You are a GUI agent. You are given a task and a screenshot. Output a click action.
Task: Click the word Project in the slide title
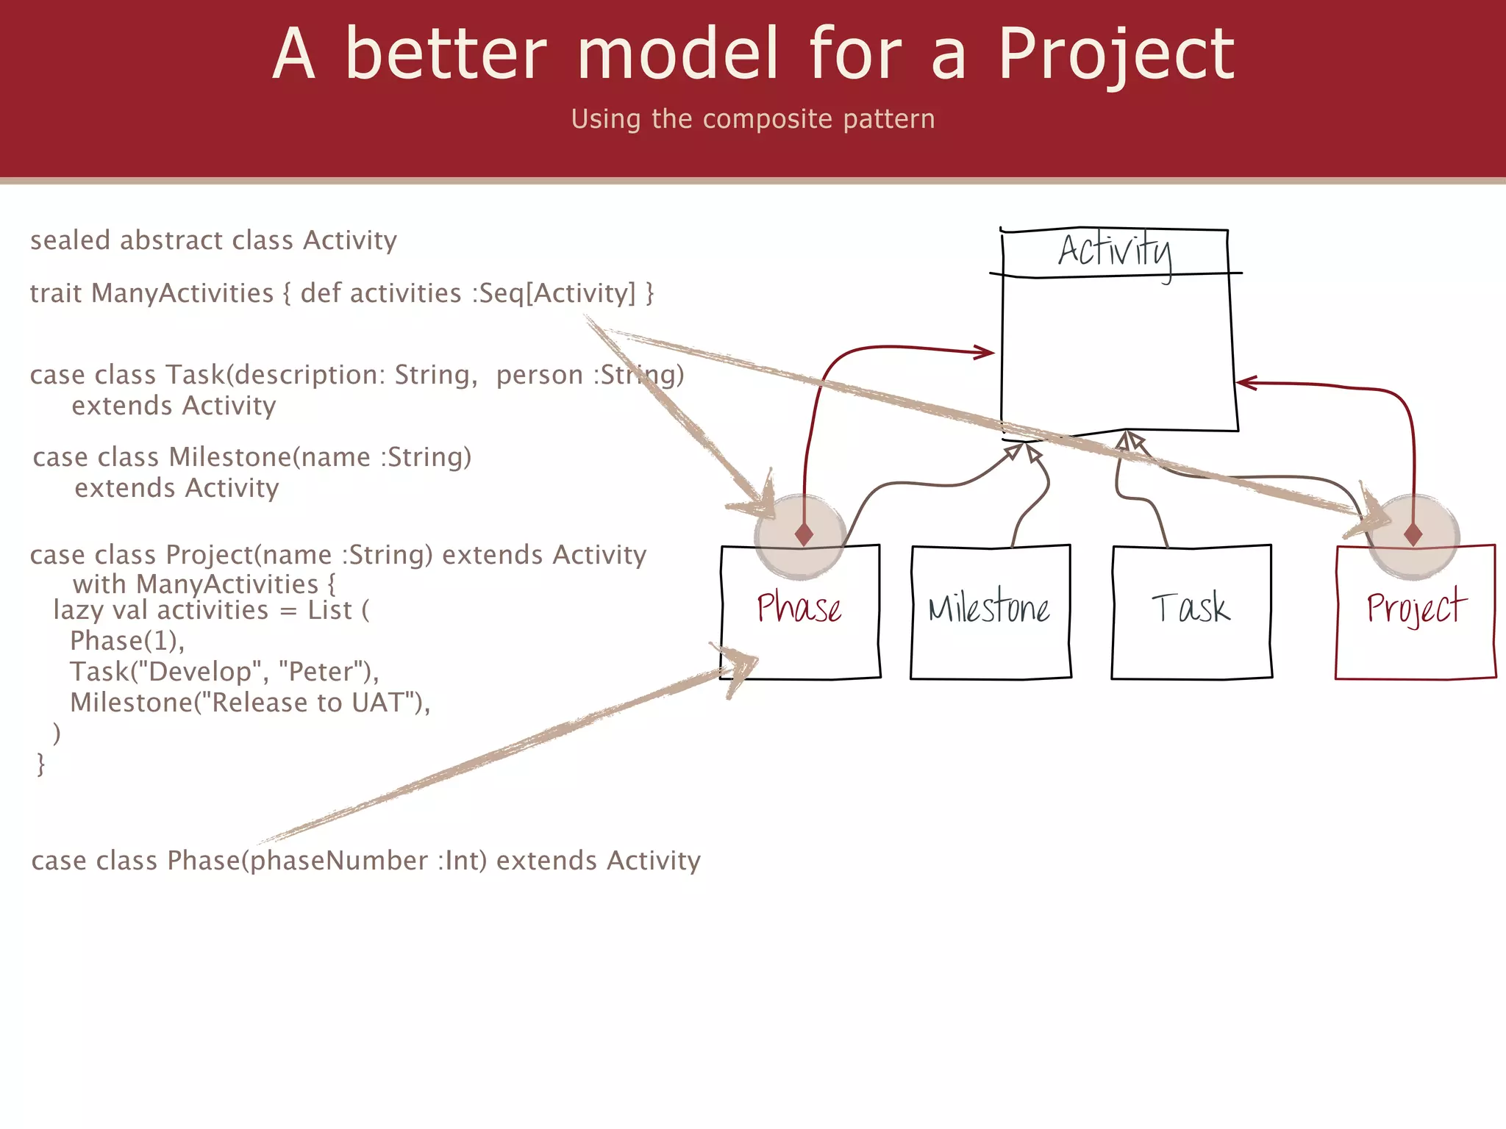[x=1115, y=55]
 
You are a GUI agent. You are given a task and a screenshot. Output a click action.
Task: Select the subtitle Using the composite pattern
[x=752, y=119]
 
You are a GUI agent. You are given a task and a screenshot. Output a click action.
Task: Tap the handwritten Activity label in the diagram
[x=1115, y=252]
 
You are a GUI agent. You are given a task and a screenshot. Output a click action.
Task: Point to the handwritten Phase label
[x=799, y=609]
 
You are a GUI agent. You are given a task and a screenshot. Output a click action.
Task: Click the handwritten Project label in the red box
[x=1416, y=609]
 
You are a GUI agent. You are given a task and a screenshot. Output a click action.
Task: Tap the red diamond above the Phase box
[x=804, y=534]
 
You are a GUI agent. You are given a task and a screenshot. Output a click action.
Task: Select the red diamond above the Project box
[x=1413, y=534]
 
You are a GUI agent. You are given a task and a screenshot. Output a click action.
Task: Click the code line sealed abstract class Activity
[x=213, y=240]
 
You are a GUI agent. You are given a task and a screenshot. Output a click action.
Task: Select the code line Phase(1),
[x=126, y=641]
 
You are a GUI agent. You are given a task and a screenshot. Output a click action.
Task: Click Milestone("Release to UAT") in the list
[x=249, y=703]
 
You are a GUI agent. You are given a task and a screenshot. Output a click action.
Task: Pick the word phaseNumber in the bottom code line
[x=339, y=861]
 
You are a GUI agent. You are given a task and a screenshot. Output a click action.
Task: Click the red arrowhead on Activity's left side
[x=985, y=353]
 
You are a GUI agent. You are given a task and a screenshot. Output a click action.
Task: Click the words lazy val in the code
[x=100, y=610]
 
